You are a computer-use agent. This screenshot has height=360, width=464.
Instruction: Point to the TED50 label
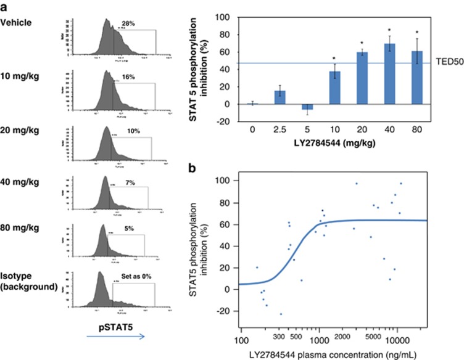(439, 63)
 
